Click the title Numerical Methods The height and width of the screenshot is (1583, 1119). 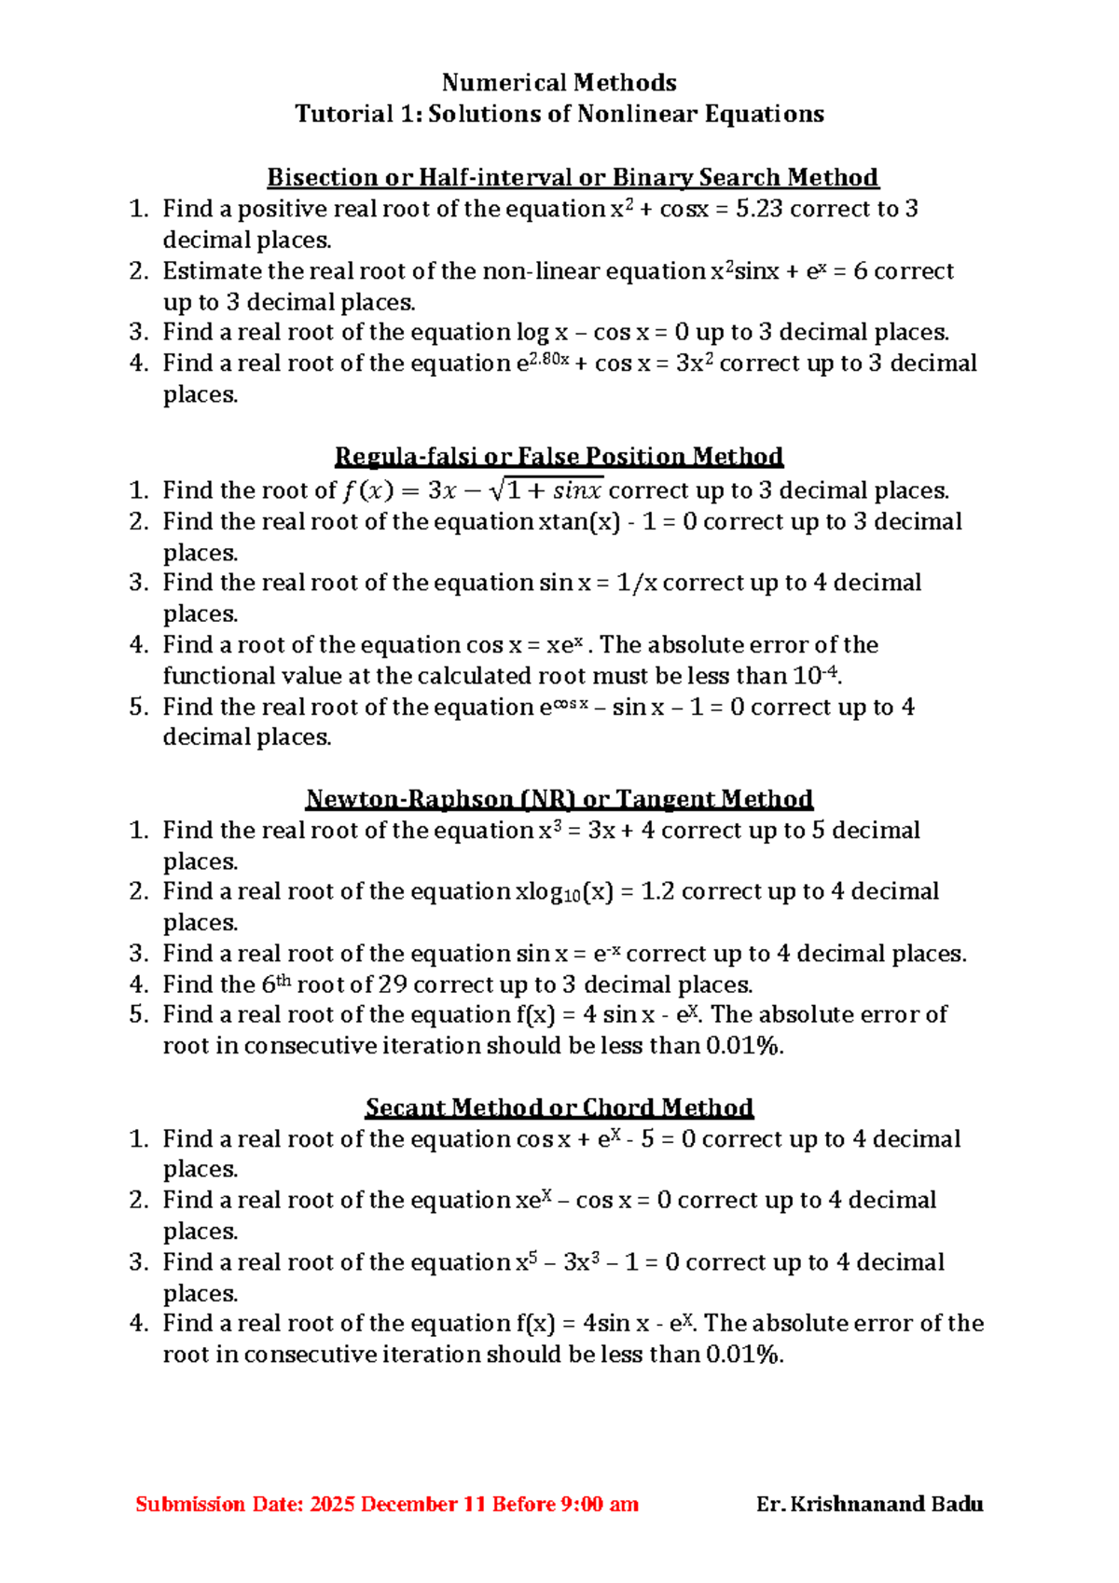coord(559,83)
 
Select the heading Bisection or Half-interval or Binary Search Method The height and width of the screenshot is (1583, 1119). coord(573,177)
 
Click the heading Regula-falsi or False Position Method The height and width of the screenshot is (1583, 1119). coord(559,456)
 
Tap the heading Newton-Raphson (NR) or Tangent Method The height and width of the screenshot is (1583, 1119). coord(559,799)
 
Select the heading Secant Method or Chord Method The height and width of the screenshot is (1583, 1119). coord(559,1108)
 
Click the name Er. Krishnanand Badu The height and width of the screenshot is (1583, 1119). coord(869,1504)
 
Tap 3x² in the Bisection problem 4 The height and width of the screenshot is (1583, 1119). coord(694,363)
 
